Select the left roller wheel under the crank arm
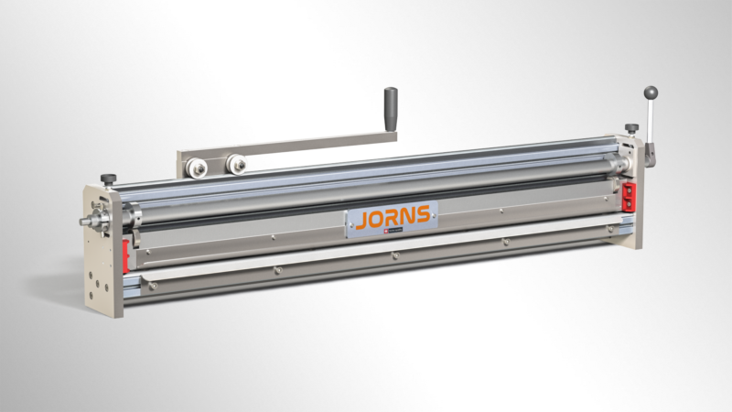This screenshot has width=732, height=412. coord(198,167)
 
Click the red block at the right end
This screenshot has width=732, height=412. coord(630,195)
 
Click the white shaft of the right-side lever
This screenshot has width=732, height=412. coord(651,119)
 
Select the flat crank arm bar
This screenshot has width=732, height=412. coord(293,146)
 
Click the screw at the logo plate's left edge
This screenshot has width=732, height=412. coord(350,228)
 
